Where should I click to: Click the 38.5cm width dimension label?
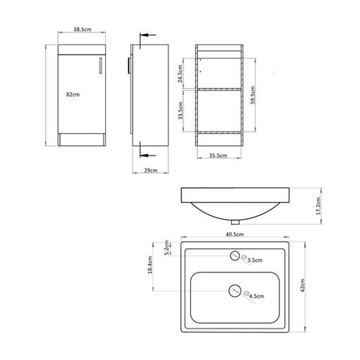tap(82, 29)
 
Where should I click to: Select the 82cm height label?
tap(72, 95)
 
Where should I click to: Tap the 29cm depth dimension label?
tap(150, 171)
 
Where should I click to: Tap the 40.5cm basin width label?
tap(235, 234)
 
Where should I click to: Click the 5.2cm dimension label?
tap(166, 248)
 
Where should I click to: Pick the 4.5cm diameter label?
tap(256, 296)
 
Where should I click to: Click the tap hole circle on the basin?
tap(234, 256)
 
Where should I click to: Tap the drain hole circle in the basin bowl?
tap(234, 290)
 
